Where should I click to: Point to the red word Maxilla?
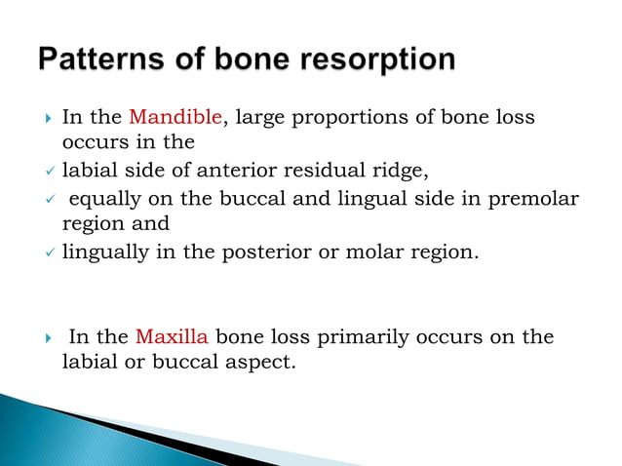click(x=172, y=337)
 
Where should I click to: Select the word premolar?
click(x=540, y=199)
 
